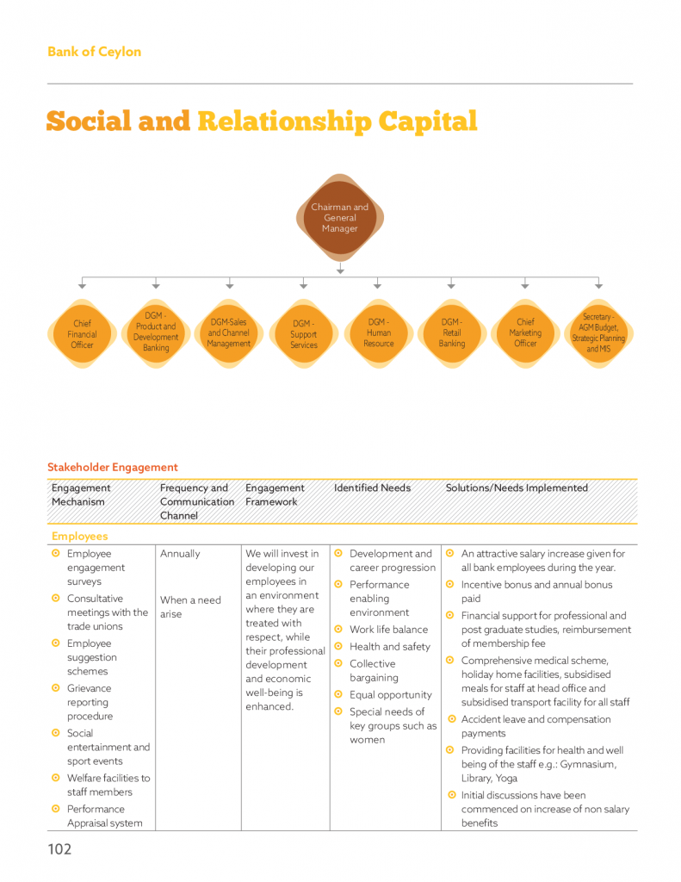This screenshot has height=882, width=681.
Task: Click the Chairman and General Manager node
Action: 340,218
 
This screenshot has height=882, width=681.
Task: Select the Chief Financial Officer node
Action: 82,334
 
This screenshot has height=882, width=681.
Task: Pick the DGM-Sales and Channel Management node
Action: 229,333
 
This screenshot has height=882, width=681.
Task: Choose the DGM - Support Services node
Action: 303,334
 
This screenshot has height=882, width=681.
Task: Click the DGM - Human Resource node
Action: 378,333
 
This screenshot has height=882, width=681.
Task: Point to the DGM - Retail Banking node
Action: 452,333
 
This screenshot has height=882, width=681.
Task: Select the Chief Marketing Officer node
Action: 525,333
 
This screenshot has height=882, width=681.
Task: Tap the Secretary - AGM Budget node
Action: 599,333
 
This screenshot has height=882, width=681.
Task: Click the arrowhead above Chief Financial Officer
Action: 83,284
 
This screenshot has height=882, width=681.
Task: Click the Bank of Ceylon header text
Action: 94,52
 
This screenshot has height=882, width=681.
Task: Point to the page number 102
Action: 59,850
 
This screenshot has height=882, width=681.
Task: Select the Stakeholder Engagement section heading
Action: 113,468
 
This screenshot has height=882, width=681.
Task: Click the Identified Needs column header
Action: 372,488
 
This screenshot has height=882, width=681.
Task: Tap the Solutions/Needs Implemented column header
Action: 517,488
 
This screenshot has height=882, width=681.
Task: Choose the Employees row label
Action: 79,537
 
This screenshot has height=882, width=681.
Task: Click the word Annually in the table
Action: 180,554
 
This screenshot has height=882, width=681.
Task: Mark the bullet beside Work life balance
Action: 339,630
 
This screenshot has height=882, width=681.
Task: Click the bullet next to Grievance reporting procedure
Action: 56,688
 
